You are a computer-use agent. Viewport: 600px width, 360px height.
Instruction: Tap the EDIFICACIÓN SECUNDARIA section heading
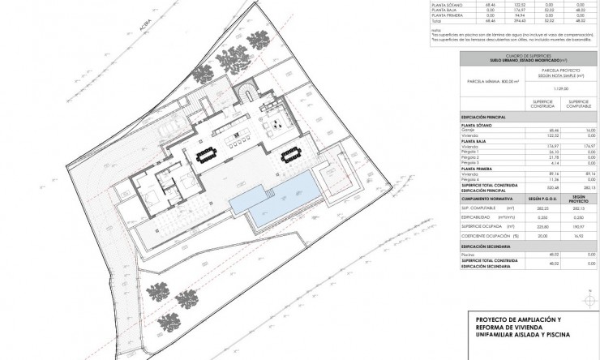[486, 246]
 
